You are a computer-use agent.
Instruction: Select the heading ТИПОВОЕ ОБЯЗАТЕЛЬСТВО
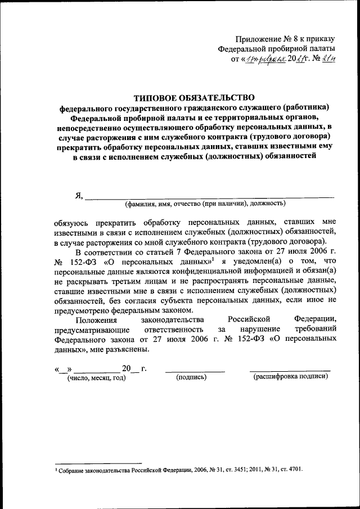pos(194,97)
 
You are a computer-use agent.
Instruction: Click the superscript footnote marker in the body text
pos(214,260)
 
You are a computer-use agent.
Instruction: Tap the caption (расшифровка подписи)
pos(290,377)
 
